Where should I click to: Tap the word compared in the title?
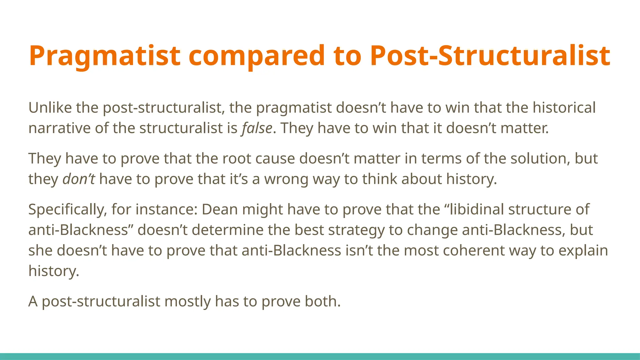point(257,56)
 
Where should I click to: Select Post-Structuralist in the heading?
point(490,56)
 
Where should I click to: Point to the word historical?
point(564,108)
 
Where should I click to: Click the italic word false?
point(257,128)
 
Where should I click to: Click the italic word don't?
point(79,179)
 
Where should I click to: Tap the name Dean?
point(220,209)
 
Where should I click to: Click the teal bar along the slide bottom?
point(320,356)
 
